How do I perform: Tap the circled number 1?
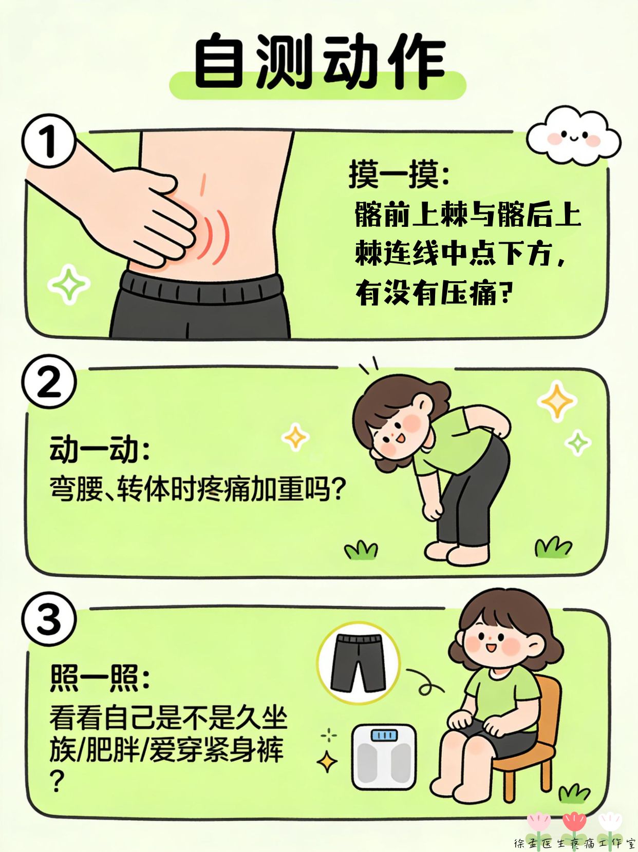click(49, 141)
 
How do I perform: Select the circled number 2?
click(49, 382)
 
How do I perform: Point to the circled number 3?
click(49, 620)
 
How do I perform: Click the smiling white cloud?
click(574, 136)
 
